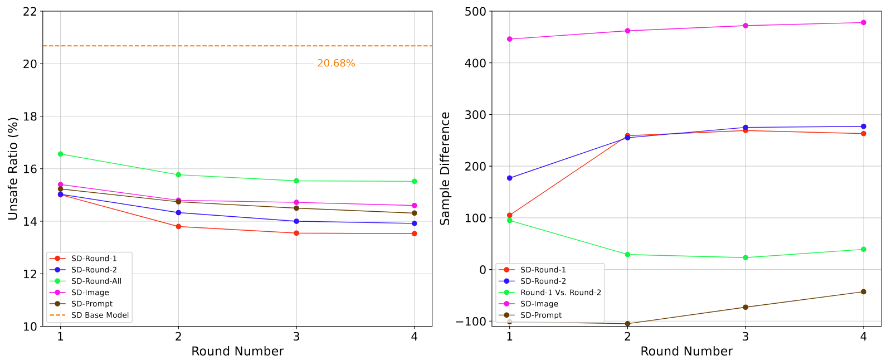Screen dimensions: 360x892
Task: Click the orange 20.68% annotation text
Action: pos(336,64)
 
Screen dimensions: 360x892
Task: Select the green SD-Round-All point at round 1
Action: pos(60,154)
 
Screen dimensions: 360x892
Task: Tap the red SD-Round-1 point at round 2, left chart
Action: pos(178,226)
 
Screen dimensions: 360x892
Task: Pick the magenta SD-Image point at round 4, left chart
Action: pos(414,206)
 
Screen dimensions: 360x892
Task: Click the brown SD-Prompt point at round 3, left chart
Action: pos(296,208)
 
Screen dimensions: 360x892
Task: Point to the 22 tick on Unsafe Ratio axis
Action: pos(31,11)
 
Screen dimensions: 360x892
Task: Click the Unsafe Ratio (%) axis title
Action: pos(13,169)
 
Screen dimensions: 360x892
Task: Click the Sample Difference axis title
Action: pos(445,169)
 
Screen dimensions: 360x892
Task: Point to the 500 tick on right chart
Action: pos(475,11)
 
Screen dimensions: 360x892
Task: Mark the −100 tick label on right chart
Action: pos(470,322)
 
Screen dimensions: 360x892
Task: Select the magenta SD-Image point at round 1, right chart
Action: pos(509,39)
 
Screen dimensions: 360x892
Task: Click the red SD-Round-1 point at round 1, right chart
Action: pos(509,215)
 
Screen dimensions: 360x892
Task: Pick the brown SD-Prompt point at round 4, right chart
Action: pos(863,291)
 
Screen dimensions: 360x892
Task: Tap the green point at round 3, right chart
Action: pos(745,257)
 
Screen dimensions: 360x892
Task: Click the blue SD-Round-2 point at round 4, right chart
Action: pos(863,127)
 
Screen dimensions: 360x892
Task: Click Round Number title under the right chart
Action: pos(686,352)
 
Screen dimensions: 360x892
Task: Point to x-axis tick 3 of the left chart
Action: pos(296,337)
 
